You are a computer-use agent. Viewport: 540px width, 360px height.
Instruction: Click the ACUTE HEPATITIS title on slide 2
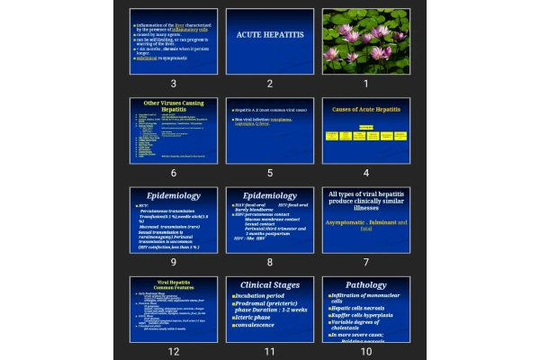[x=270, y=34]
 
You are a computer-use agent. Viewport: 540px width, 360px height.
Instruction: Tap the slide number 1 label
[x=365, y=84]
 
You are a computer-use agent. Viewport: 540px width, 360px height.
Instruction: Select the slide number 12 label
[x=173, y=350]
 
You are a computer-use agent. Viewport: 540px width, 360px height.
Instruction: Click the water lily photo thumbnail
[x=365, y=40]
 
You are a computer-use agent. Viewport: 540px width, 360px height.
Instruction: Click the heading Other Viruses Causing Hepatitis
[x=174, y=105]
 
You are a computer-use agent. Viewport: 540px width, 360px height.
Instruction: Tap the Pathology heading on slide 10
[x=365, y=285]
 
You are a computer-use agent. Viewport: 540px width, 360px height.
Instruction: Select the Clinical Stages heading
[x=270, y=285]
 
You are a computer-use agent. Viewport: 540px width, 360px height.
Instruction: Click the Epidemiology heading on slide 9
[x=174, y=195]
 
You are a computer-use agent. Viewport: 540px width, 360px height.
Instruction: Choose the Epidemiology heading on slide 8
[x=270, y=195]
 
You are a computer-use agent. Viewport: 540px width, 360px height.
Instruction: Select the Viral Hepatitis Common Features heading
[x=174, y=284]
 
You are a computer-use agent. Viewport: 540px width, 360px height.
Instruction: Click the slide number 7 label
[x=365, y=262]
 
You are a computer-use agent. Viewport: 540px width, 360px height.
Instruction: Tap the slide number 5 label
[x=269, y=172]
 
